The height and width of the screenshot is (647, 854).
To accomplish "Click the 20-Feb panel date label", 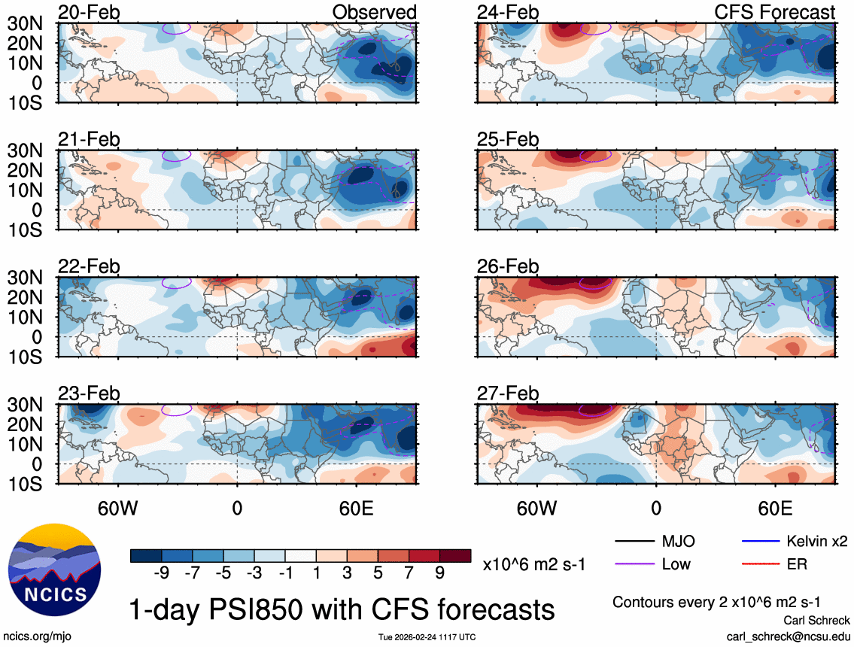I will (89, 13).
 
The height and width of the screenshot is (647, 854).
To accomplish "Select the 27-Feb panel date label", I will (508, 393).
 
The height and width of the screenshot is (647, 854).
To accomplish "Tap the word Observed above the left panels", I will (375, 13).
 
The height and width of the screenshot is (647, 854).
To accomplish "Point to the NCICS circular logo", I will (54, 570).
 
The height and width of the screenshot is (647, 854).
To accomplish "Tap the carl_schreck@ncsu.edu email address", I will (788, 636).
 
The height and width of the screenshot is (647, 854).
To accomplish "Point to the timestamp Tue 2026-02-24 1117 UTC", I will (427, 637).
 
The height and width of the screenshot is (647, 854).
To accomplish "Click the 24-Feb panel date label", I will (508, 13).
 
